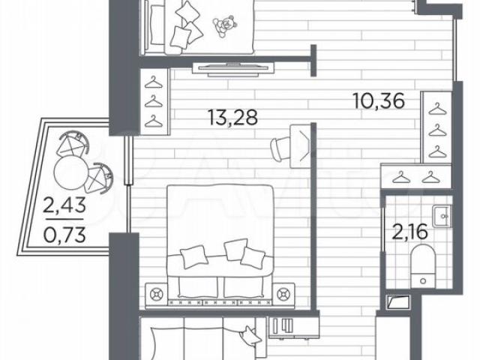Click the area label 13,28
[x=232, y=118]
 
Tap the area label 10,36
[x=379, y=100]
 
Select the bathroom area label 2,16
[x=409, y=232]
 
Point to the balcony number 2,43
[x=64, y=205]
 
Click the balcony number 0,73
[x=64, y=235]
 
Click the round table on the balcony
[x=70, y=172]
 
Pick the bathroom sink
[x=442, y=216]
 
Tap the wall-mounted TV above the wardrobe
[x=232, y=68]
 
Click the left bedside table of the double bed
[x=156, y=295]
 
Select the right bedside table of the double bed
[x=283, y=295]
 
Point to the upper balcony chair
[x=73, y=143]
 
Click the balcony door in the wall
[x=128, y=160]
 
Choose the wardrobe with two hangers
[x=416, y=175]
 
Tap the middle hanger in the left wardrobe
[x=153, y=101]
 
